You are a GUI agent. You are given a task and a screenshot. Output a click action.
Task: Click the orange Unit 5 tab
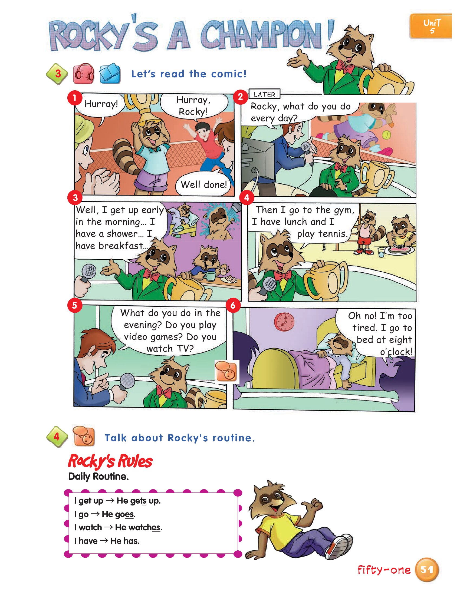click(431, 26)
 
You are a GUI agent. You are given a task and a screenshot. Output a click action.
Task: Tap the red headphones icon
click(83, 74)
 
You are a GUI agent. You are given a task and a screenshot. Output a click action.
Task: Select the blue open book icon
click(110, 74)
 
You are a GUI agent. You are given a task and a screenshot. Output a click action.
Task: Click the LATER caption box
click(264, 94)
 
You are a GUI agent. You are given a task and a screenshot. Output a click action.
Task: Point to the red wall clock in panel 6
click(284, 322)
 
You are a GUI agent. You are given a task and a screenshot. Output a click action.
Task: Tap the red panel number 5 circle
click(75, 305)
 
